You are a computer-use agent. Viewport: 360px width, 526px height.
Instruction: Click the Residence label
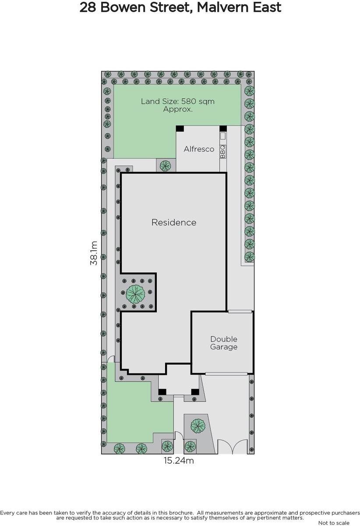[174, 222]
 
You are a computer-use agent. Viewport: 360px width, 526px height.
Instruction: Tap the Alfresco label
[199, 149]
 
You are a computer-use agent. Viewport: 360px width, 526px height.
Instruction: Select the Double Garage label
[224, 343]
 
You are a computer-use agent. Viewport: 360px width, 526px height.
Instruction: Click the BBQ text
[223, 152]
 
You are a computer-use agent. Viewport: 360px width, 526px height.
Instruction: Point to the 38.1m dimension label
[94, 253]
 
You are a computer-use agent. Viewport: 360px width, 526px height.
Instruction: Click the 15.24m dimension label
[179, 461]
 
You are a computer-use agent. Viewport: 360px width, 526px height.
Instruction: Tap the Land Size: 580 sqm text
[178, 101]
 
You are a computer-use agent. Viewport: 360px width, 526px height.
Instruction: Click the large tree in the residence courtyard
[135, 294]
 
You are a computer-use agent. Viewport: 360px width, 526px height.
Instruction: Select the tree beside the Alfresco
[166, 166]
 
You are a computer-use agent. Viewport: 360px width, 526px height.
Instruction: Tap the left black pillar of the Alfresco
[180, 129]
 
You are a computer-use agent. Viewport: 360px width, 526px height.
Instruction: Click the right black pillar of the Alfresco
[223, 129]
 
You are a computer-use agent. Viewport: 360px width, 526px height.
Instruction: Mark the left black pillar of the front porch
[162, 392]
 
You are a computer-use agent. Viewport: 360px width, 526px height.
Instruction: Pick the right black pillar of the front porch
[195, 392]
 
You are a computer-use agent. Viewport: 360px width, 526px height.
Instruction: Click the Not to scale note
[334, 522]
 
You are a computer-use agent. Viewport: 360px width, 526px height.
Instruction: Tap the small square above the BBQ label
[223, 136]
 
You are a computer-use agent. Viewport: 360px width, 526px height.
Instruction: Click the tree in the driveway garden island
[198, 425]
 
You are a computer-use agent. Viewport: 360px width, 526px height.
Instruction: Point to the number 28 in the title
[88, 7]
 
